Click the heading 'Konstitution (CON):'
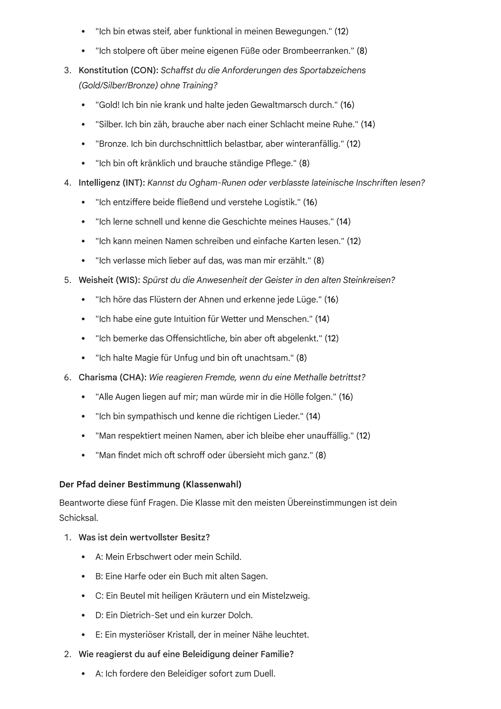tap(118, 70)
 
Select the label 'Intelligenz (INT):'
tap(112, 183)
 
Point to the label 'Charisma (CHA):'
tap(112, 377)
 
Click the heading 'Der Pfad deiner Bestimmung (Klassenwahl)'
tap(150, 484)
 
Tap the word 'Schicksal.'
tap(78, 518)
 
